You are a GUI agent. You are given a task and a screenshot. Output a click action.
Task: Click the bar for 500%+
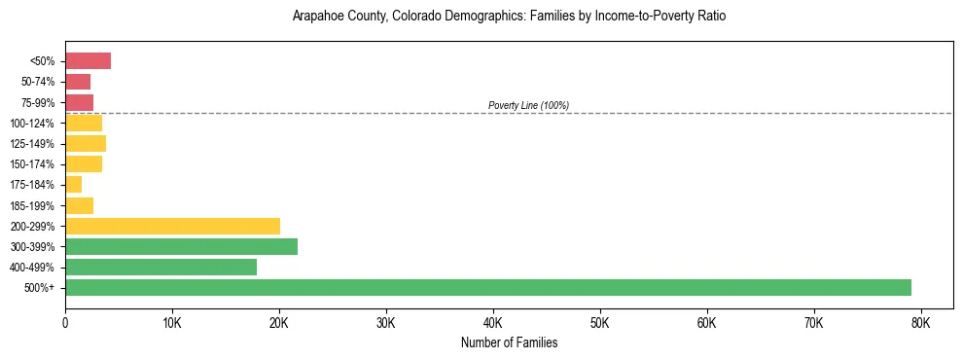tap(488, 287)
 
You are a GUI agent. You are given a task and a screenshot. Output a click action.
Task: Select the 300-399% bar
tap(181, 246)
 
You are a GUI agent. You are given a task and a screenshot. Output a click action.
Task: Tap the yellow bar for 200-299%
tap(172, 226)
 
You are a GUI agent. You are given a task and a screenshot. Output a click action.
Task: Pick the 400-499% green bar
tap(160, 267)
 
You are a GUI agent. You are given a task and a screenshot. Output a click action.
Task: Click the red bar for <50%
tap(88, 61)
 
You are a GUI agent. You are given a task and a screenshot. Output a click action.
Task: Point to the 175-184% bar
tap(73, 185)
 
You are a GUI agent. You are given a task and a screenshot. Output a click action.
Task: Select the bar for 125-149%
tap(86, 143)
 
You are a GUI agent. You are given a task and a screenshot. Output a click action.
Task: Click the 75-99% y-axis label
tap(37, 103)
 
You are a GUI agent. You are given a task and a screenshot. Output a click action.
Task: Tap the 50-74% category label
tap(37, 82)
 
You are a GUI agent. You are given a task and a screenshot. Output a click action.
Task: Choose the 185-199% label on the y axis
tap(32, 205)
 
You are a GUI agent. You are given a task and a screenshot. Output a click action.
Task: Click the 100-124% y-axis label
tap(32, 124)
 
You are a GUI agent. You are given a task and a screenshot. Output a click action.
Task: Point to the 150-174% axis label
tap(32, 164)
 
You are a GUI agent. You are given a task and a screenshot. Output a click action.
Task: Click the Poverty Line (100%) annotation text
tap(528, 105)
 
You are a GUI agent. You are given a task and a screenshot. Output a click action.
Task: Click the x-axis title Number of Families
tap(509, 342)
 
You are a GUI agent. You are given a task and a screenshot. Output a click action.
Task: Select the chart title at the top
tap(509, 17)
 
